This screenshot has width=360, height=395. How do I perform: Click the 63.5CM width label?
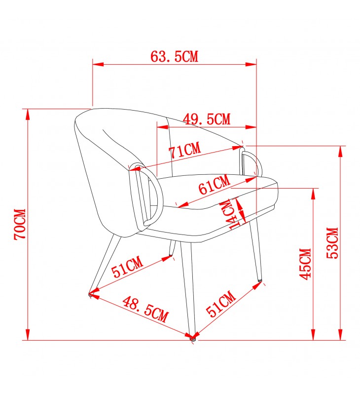175,56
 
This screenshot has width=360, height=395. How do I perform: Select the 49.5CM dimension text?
207,119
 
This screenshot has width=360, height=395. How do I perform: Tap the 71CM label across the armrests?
185,150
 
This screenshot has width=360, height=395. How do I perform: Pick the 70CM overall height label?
20,224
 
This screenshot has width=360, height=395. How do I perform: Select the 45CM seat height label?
305,264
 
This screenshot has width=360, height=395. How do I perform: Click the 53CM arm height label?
332,243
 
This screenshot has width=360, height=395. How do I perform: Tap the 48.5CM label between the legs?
145,309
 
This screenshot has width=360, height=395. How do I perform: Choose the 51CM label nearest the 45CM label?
221,303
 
